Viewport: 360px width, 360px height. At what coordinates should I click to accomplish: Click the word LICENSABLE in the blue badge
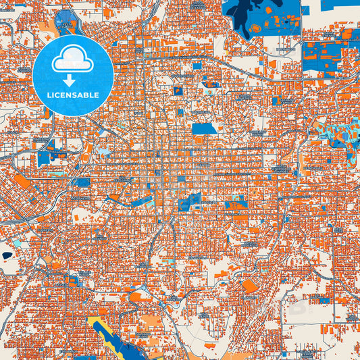click(72, 95)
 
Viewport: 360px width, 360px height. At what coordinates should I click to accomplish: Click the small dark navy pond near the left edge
click(7, 255)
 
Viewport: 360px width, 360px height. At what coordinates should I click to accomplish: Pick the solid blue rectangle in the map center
click(204, 128)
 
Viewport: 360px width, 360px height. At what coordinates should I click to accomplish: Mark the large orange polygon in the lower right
click(249, 286)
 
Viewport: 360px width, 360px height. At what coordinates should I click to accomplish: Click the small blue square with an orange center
click(178, 91)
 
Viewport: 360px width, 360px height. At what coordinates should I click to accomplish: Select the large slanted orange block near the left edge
click(21, 182)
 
